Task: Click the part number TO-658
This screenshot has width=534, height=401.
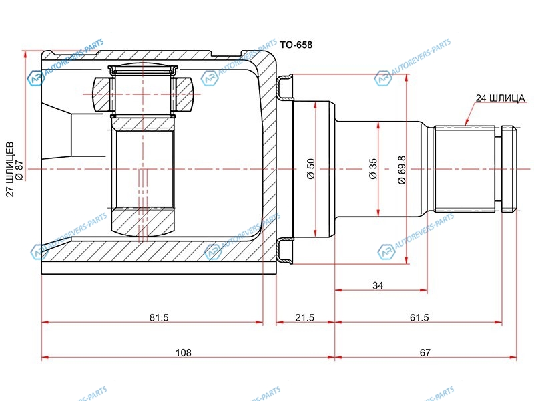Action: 296,45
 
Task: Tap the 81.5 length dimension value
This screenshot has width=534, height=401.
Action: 159,318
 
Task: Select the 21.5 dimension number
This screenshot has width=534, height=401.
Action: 305,318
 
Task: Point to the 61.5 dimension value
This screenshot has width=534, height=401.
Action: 419,318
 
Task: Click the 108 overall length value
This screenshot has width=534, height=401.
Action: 183,352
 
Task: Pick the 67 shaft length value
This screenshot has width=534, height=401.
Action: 425,352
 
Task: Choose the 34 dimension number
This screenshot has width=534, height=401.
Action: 378,285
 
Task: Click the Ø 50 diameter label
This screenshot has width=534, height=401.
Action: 311,169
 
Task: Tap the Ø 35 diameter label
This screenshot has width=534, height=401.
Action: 373,169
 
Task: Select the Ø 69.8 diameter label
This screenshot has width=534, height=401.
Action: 402,170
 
